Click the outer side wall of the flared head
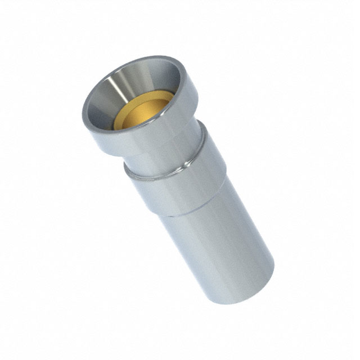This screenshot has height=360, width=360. click(169, 127)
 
